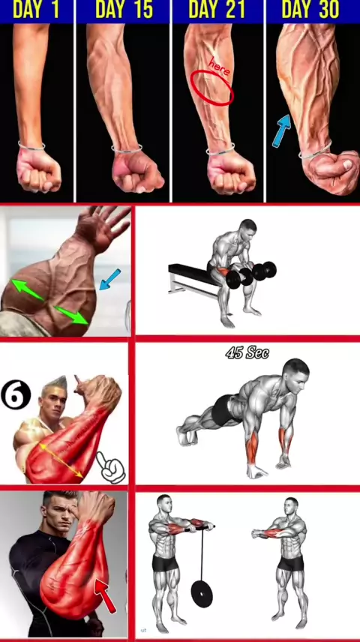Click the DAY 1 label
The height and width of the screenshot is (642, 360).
click(36, 10)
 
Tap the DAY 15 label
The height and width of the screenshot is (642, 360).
click(124, 10)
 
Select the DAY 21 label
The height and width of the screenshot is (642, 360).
click(217, 10)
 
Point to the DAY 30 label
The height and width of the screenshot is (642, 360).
click(310, 10)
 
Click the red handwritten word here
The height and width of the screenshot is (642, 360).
click(220, 67)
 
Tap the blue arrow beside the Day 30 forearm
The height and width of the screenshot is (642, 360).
click(282, 130)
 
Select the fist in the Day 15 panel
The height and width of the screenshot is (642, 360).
click(136, 171)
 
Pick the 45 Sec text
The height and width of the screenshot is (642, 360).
click(247, 352)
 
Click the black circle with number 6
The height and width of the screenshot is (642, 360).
click(16, 395)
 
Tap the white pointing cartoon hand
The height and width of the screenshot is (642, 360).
click(110, 467)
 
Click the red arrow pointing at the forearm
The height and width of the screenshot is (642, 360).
click(105, 595)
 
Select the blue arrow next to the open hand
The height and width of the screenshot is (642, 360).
click(109, 279)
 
